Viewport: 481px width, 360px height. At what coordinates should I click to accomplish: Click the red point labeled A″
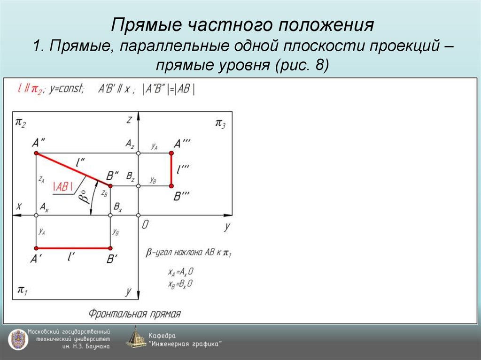[x=36, y=153]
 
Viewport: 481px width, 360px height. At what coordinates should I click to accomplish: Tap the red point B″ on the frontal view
[x=110, y=186]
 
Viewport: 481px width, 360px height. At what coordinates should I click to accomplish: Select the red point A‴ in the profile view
[x=171, y=153]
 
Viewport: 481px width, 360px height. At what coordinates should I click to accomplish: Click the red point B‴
[x=171, y=186]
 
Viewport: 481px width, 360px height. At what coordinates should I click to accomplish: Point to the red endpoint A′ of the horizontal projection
[x=36, y=248]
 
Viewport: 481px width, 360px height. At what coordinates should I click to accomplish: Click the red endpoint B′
[x=110, y=248]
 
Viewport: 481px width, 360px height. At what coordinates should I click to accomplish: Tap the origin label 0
[x=145, y=225]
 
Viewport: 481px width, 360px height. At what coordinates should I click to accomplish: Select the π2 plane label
[x=21, y=123]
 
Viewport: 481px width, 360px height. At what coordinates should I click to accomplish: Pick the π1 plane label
[x=22, y=290]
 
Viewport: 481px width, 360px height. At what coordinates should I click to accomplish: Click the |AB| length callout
[x=63, y=186]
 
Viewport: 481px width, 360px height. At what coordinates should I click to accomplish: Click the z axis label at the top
[x=129, y=120]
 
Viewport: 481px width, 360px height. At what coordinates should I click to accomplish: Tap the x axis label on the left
[x=19, y=206]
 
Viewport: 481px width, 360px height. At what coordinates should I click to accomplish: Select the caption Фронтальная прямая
[x=135, y=313]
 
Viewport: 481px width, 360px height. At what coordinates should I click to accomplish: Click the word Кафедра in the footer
[x=162, y=336]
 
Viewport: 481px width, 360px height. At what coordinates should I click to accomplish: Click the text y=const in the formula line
[x=67, y=89]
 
